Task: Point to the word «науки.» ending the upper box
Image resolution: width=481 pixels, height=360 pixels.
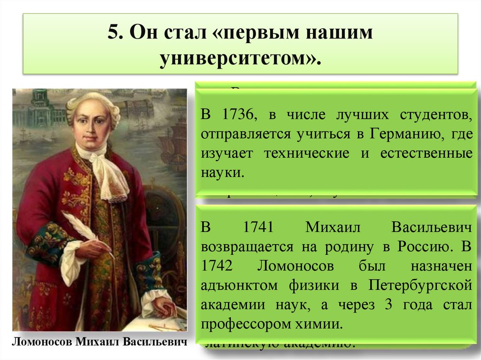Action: point(223,172)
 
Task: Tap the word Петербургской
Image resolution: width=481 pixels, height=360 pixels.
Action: point(420,285)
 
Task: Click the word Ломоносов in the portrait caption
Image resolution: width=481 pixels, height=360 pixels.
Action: point(40,341)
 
